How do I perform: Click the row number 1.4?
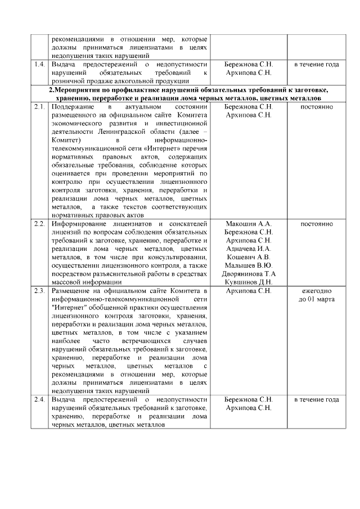39,65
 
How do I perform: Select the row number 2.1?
39,106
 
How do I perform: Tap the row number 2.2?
39,224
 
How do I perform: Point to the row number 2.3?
39,291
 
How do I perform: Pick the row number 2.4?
39,399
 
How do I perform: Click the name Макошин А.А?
248,224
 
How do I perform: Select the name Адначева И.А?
248,249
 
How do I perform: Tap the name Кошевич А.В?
248,257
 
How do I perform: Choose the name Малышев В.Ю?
248,265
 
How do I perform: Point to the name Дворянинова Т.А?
248,274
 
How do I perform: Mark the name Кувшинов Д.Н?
248,282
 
